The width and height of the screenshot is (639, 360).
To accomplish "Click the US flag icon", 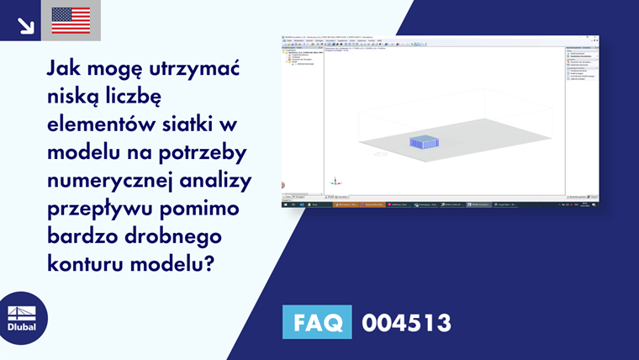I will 71,20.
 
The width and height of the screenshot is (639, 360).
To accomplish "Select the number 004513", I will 406,322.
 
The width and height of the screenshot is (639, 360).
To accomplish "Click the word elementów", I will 103,124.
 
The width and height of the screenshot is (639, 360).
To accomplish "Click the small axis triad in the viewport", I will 335,181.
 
